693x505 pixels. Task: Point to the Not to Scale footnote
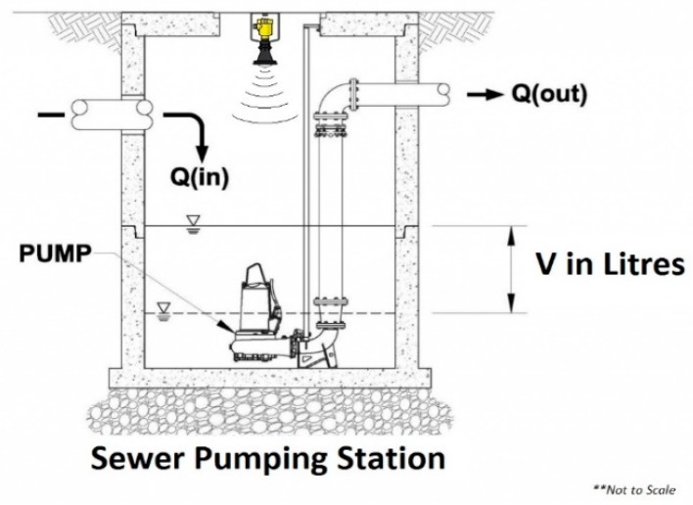coord(641,490)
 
